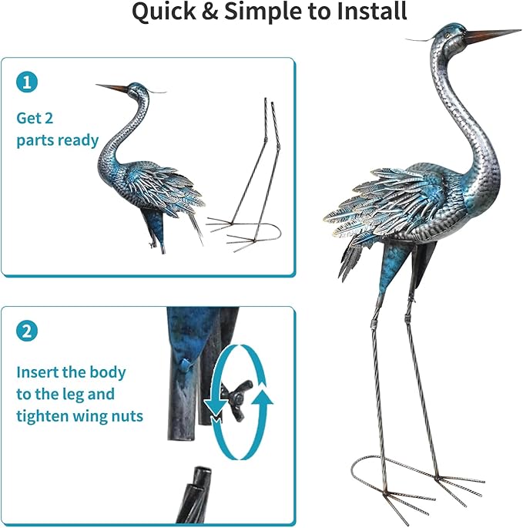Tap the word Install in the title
pos(365,13)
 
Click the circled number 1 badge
pos(27,83)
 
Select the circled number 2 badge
pos(27,332)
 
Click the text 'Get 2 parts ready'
pos(57,129)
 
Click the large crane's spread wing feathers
pos(370,208)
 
